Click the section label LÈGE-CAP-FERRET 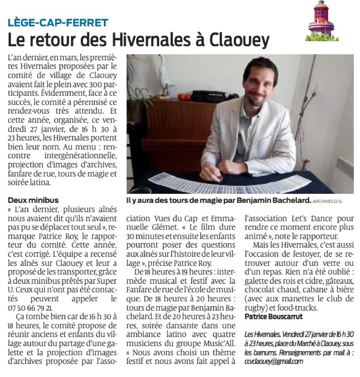tap(58, 22)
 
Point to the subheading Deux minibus tap(33, 200)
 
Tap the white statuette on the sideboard tap(165, 81)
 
